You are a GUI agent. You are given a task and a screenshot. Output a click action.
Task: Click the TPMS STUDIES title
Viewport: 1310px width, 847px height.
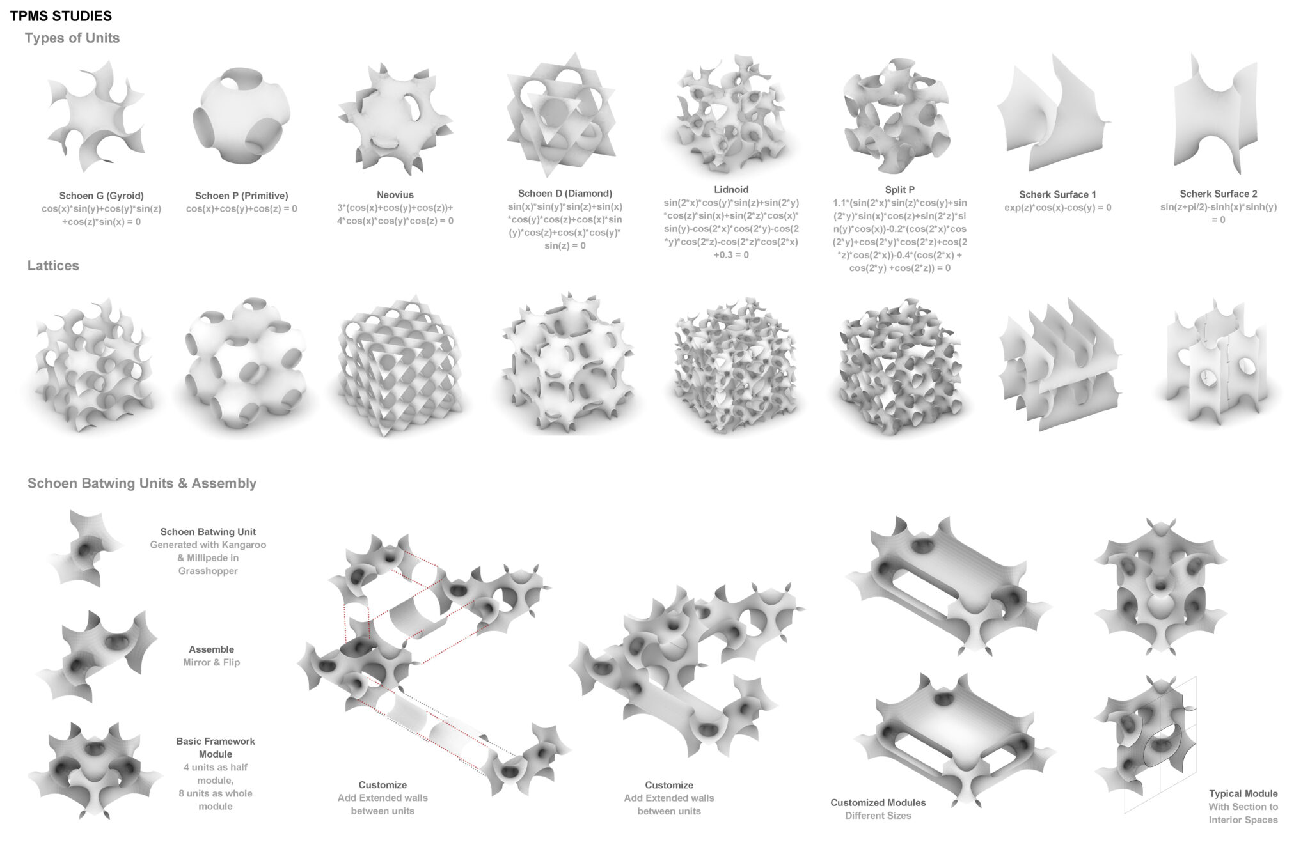pos(61,16)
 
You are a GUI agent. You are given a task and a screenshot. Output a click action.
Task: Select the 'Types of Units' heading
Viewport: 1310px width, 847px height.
pos(72,38)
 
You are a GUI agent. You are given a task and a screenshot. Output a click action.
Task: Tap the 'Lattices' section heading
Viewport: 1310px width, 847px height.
pos(53,265)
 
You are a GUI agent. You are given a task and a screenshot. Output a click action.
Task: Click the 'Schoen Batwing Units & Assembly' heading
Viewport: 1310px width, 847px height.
pos(142,483)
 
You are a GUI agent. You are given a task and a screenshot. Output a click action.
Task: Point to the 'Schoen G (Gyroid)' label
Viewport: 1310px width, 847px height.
pos(101,196)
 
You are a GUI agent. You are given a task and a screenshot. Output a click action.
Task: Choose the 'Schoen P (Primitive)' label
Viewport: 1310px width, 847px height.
pos(242,196)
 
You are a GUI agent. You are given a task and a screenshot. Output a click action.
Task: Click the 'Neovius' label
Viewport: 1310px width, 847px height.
pos(395,194)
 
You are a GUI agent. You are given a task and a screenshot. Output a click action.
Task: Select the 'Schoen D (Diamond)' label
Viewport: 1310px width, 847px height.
pos(565,193)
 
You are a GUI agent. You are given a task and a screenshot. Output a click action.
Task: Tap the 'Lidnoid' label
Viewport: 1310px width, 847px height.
pos(731,189)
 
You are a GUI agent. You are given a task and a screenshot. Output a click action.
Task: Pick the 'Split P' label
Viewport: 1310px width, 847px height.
pos(899,189)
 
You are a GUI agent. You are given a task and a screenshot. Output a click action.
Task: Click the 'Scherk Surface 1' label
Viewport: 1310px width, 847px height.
pos(1057,194)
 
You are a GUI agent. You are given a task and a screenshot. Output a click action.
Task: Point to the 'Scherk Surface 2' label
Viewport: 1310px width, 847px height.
pos(1219,194)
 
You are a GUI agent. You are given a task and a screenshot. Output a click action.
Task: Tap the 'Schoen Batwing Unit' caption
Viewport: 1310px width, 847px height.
pos(208,532)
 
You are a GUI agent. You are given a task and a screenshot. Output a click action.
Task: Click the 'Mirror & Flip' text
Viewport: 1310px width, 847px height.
pos(211,662)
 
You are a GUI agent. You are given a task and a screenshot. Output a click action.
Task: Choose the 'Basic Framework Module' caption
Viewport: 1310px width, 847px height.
pos(216,748)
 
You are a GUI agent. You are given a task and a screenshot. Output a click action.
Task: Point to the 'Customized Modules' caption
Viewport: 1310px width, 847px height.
pos(878,802)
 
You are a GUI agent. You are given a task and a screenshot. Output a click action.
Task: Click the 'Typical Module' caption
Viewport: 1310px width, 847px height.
pos(1243,794)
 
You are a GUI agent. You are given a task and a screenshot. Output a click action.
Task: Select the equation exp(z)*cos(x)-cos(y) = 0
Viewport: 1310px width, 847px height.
pos(1057,208)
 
